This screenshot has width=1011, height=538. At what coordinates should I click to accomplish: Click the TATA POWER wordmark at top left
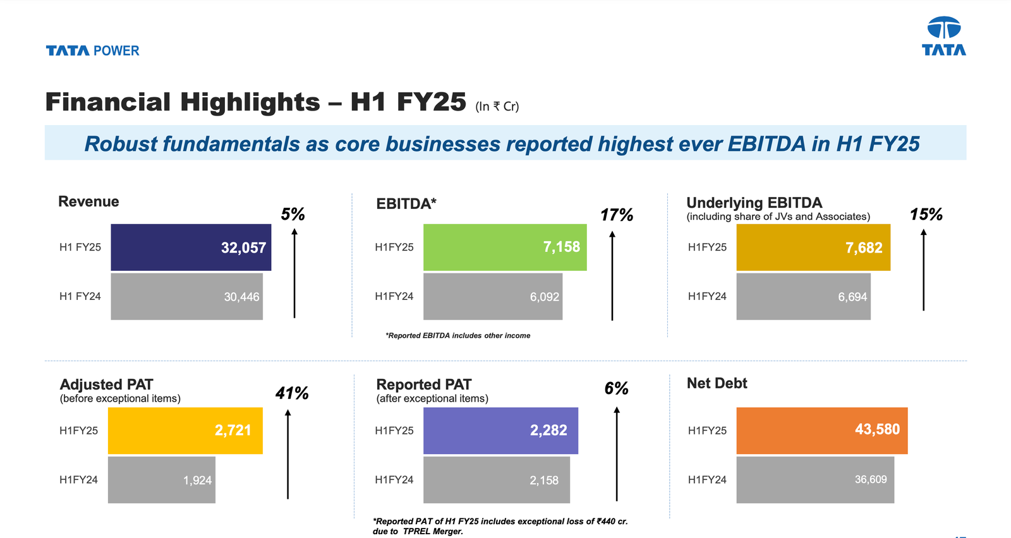pos(92,51)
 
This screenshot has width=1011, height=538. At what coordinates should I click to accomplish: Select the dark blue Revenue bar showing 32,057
pos(191,248)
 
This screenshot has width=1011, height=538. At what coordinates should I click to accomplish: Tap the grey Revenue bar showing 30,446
pos(186,297)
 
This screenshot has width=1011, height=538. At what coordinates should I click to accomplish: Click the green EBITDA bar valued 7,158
pos(504,248)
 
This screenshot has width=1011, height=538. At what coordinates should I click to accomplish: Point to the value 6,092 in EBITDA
pos(544,297)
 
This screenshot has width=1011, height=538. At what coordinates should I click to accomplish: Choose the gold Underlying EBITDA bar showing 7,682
pos(813,248)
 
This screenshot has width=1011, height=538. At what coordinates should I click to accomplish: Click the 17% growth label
pos(616,215)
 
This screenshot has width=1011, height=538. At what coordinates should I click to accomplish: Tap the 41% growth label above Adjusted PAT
pos(291,393)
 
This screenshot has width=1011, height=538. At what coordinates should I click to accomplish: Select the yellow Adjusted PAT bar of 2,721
pos(185,431)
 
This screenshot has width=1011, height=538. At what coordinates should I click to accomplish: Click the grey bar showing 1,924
pos(161,480)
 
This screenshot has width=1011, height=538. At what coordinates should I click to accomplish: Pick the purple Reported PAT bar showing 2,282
pos(500,431)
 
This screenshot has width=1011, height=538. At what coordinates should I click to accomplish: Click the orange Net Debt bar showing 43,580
pos(821,431)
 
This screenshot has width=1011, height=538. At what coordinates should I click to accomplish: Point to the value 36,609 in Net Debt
pos(871,480)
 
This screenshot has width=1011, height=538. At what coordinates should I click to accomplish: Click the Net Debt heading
pos(717,383)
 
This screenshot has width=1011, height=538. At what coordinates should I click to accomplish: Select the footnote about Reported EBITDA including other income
pos(457,336)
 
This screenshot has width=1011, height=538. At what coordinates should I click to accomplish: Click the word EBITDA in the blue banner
pos(766,144)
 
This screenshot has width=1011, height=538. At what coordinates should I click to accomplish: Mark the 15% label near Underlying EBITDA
pos(926,215)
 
